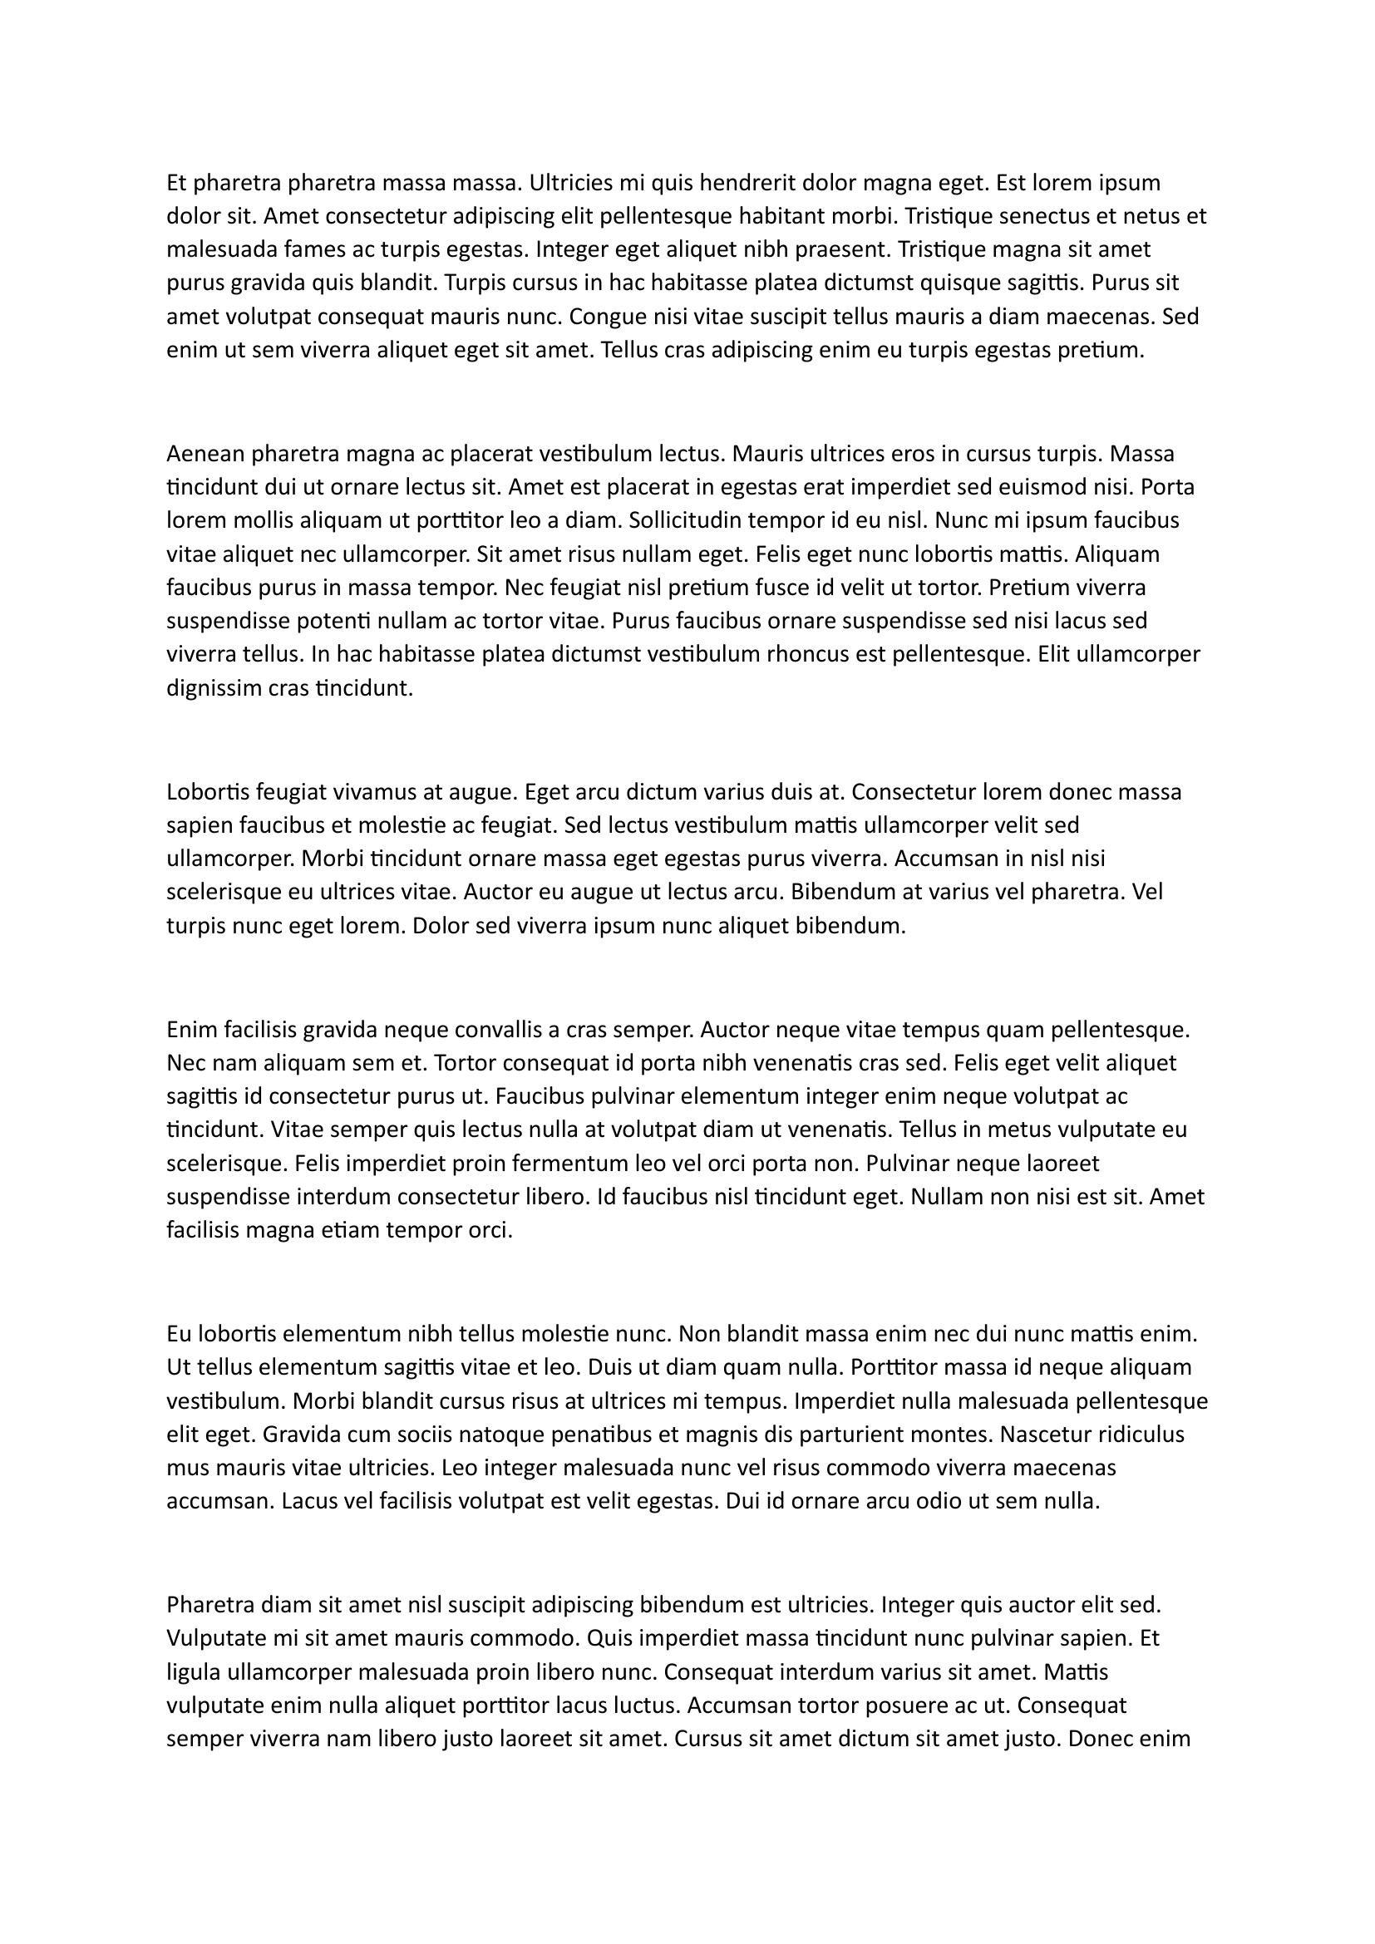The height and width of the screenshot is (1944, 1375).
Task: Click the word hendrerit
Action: pyautogui.click(x=747, y=183)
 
